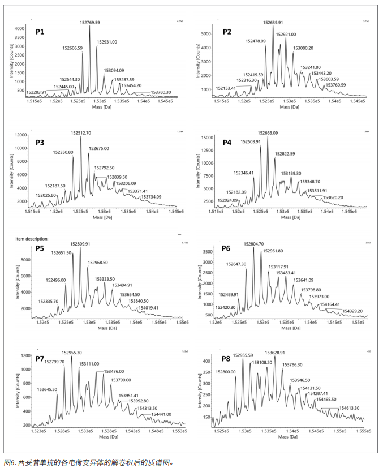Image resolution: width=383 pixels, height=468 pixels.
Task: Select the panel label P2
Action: tap(226, 32)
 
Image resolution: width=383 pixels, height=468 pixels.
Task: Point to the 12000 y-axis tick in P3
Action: tap(20, 135)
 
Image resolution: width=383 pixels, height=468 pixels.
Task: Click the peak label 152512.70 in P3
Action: tap(81, 133)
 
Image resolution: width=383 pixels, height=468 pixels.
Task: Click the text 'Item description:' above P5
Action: tap(32, 239)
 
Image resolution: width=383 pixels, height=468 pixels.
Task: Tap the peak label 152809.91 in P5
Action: tap(80, 244)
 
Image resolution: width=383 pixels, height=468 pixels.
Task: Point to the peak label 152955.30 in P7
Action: tap(72, 352)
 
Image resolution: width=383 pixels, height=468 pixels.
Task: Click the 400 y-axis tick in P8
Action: tap(209, 360)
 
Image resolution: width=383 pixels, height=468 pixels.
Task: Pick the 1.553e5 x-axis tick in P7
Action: tap(178, 431)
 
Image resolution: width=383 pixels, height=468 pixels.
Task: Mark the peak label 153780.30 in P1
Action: tap(160, 92)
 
